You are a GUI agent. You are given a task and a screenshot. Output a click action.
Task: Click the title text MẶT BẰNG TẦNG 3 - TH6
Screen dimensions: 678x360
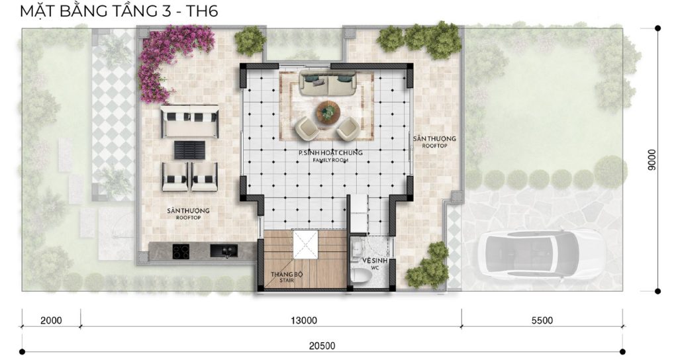119,11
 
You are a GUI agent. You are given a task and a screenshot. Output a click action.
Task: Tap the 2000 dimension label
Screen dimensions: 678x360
51,321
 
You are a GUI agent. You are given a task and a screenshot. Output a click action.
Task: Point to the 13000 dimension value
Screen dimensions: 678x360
303,321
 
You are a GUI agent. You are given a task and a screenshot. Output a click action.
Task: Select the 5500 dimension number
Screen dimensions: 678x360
542,321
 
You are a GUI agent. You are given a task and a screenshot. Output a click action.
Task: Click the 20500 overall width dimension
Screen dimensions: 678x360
322,345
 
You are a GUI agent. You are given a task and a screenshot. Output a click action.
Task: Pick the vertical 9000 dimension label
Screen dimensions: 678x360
652,159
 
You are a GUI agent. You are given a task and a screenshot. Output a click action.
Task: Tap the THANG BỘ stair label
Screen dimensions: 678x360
287,277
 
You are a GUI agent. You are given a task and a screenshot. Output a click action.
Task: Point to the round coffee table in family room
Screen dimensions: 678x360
328,111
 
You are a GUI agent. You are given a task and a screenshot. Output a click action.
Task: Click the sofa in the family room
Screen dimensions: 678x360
328,83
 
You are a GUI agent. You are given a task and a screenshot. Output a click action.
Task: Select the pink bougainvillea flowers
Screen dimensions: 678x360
173,56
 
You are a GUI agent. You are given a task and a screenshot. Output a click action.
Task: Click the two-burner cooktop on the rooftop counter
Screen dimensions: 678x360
181,251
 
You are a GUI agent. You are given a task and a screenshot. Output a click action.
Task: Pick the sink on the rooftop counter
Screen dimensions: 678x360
224,251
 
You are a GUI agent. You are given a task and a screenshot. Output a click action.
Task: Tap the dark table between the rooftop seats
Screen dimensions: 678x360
190,150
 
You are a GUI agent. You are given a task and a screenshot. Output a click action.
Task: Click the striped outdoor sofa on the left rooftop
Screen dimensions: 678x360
189,122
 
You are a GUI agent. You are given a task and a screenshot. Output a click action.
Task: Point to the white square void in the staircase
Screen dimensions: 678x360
305,244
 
